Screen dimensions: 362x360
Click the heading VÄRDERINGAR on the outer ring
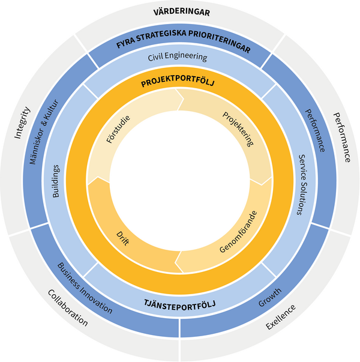(180, 11)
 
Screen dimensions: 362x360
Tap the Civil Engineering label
(178, 58)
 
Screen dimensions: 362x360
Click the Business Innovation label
(85, 288)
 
